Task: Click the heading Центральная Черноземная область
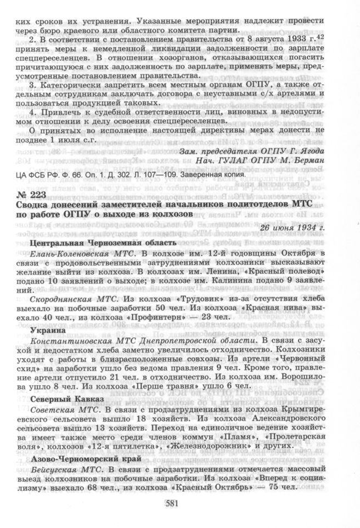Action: point(103,242)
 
